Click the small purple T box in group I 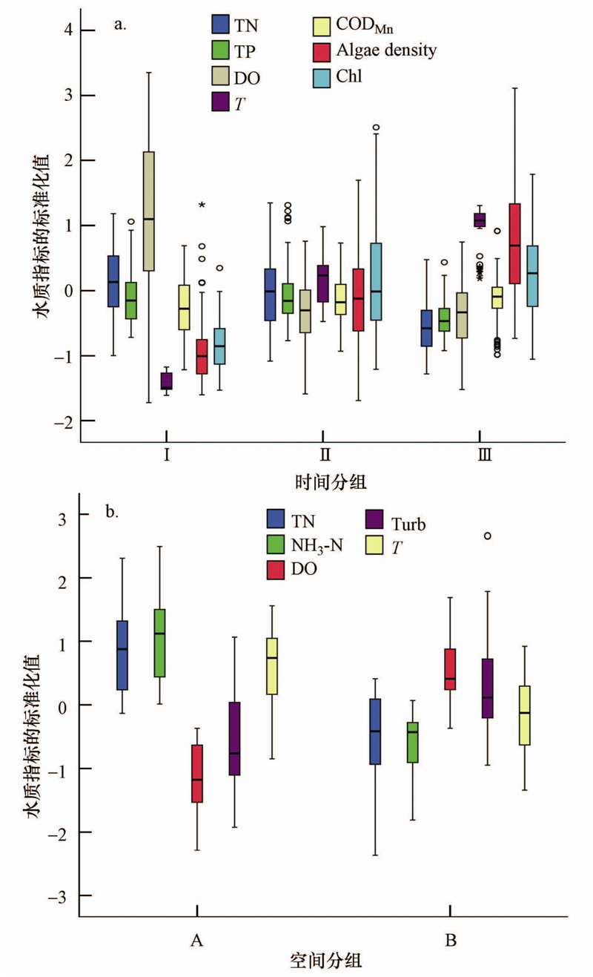[x=167, y=381]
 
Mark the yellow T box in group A [x=271, y=665]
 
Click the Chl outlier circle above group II [x=376, y=128]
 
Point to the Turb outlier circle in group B [x=487, y=536]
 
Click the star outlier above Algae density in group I [x=201, y=205]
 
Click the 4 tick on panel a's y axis [x=67, y=30]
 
